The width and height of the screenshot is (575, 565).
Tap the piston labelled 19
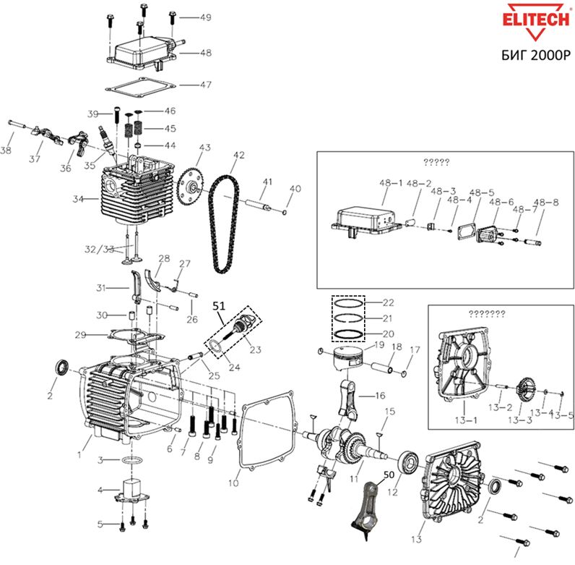[347, 359]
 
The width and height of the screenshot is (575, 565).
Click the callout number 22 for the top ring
[388, 302]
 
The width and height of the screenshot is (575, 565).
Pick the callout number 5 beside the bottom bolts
[102, 523]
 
